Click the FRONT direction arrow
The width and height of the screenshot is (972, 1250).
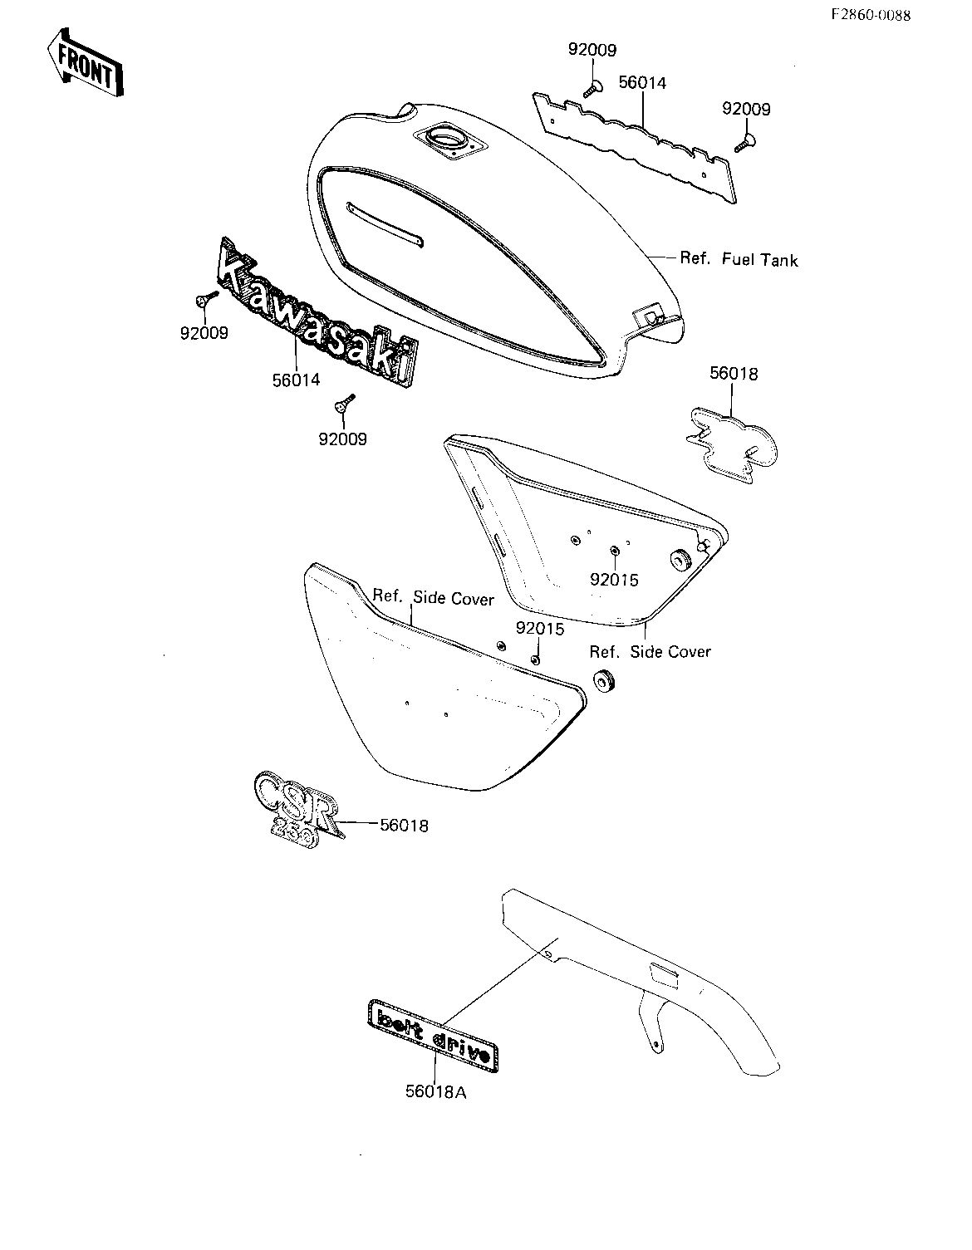point(85,62)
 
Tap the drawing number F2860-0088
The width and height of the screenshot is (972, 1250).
point(871,16)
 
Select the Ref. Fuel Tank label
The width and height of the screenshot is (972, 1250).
point(739,259)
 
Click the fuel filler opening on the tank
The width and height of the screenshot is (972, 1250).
point(449,141)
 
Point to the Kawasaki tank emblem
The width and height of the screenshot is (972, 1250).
point(317,311)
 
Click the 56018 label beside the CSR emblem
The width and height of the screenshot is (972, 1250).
point(404,826)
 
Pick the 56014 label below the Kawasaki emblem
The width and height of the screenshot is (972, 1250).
point(297,380)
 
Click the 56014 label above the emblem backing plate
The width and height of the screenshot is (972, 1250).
point(642,83)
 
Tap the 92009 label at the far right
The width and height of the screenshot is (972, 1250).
point(746,109)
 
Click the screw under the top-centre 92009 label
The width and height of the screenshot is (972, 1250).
point(592,89)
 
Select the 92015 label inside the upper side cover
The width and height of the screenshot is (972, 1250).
point(614,580)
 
